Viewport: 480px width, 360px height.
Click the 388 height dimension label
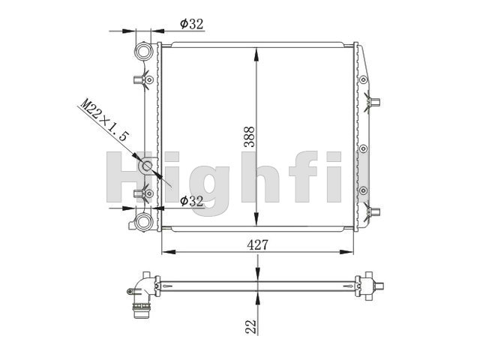(x=250, y=136)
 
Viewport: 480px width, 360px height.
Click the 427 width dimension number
(x=257, y=245)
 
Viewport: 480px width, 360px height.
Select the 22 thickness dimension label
(x=251, y=326)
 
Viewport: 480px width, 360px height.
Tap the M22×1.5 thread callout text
(x=104, y=119)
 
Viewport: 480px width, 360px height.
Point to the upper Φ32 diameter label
(x=192, y=24)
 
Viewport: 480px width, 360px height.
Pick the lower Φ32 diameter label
(x=192, y=201)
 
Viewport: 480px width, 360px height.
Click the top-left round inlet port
(x=143, y=52)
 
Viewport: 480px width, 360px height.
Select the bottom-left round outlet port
(x=143, y=222)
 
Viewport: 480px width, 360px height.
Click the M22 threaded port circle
(x=147, y=166)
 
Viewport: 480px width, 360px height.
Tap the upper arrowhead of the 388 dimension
(x=257, y=55)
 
